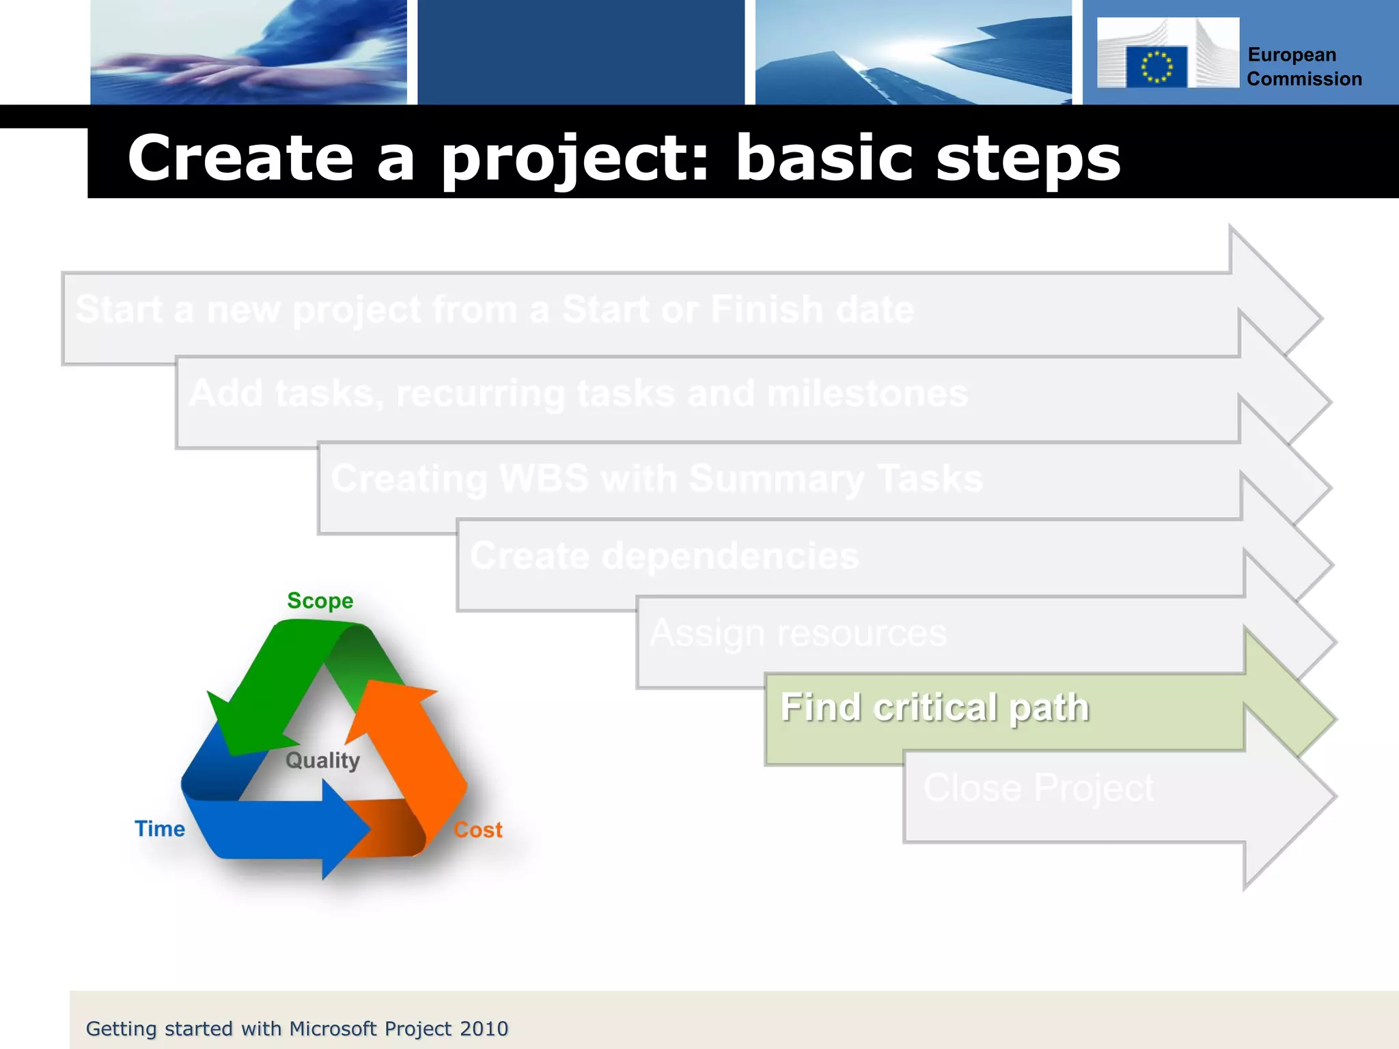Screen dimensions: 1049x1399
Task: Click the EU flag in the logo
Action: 1156,67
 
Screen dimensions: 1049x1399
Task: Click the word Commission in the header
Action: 1303,79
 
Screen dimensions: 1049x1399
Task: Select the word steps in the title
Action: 1028,160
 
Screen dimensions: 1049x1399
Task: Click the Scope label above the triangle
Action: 320,601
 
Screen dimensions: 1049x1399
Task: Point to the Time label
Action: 159,829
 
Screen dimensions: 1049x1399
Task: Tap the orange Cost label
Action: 478,830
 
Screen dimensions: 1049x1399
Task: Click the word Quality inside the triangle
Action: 322,760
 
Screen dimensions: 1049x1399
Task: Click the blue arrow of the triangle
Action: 287,830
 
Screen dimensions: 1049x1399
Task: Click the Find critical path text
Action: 934,708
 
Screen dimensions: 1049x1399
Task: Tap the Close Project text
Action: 1038,788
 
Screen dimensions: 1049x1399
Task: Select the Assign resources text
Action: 798,633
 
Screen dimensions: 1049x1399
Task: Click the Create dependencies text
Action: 664,556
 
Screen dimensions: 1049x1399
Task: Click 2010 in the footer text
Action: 484,1029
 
